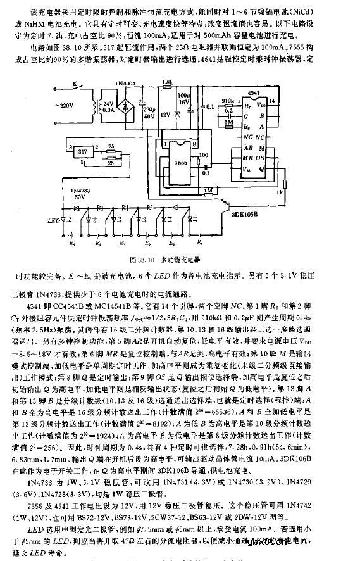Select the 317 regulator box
[80, 151]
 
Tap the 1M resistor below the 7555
[208, 189]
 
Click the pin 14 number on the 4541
[272, 101]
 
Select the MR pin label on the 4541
[251, 156]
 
